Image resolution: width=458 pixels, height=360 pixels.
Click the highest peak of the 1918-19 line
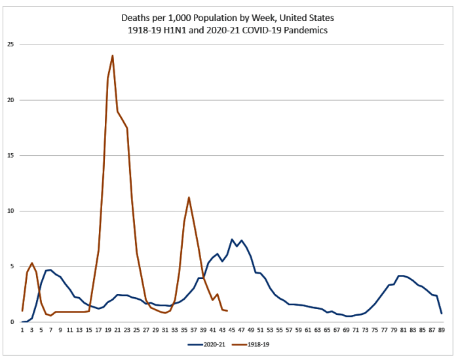113,56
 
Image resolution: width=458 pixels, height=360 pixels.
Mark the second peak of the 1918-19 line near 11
189,197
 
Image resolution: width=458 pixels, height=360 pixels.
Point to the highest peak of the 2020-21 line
232,240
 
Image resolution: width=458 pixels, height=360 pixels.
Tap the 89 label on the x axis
442,331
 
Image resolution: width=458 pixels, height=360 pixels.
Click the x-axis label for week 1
22,331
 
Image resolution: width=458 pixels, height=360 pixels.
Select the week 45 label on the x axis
232,331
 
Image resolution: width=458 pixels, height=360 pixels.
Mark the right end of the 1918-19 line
227,311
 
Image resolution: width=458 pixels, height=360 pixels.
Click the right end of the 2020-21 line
442,314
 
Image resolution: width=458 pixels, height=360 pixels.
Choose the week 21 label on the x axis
117,331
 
